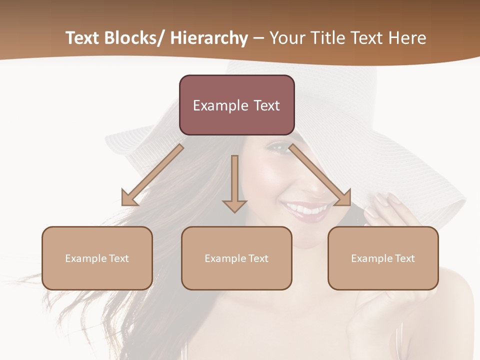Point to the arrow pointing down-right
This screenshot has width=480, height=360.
[x=320, y=175]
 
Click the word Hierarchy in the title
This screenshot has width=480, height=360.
[x=209, y=38]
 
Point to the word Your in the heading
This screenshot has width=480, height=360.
[x=287, y=38]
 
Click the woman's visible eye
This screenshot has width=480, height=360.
[x=280, y=147]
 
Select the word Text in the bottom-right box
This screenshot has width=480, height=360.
[x=404, y=258]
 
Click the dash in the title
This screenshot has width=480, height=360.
[x=258, y=38]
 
